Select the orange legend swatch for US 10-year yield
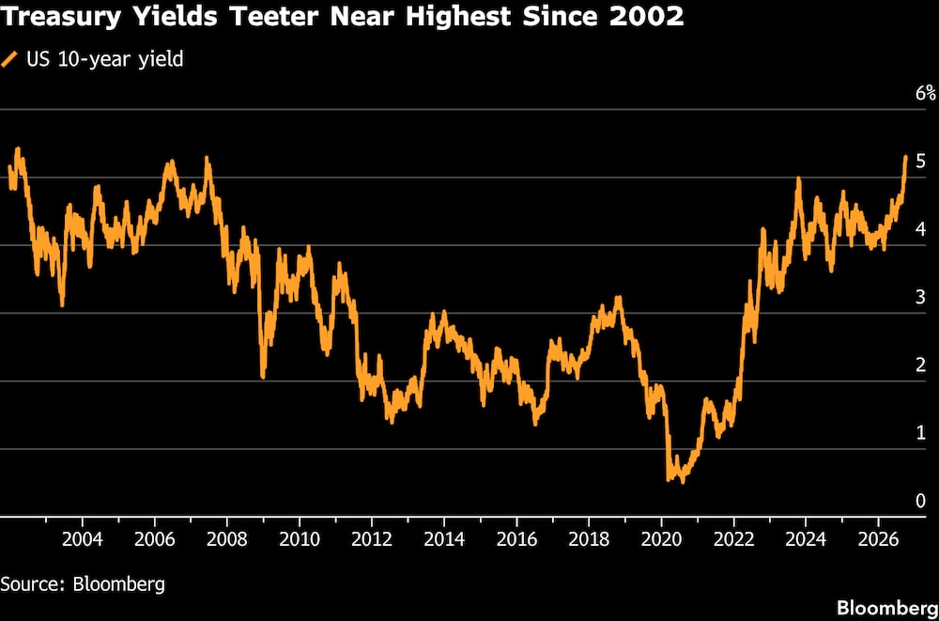point(10,59)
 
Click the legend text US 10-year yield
point(105,60)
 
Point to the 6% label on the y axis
point(925,93)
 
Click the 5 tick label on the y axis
point(920,162)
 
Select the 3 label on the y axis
point(920,297)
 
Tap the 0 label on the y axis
point(920,501)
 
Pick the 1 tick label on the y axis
point(920,433)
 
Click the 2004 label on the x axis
point(83,539)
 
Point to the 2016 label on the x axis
point(516,539)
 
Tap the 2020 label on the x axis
point(661,539)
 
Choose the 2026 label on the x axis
point(878,539)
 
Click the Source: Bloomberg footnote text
point(83,583)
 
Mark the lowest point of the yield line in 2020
point(682,481)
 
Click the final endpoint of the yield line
point(905,157)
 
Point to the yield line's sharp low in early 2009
point(263,377)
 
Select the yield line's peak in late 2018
point(619,297)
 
